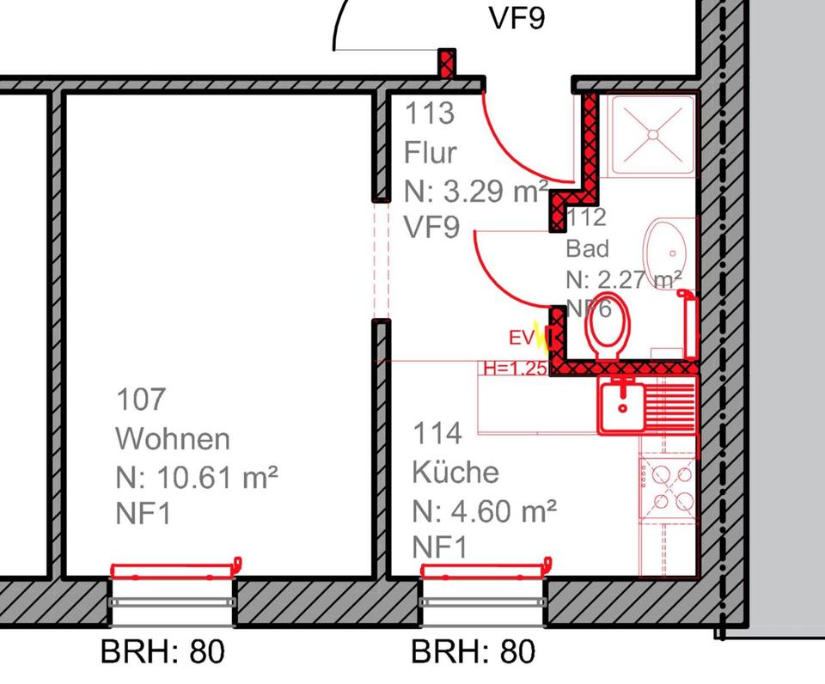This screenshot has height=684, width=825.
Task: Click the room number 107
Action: point(140,400)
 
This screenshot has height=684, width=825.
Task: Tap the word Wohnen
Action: point(173,438)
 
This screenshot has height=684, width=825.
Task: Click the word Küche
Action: point(455,472)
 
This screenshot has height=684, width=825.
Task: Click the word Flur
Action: point(431,152)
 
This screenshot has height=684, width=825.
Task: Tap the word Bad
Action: point(588,249)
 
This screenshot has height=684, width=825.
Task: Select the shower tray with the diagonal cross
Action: point(652,134)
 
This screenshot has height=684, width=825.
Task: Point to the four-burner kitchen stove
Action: point(667,486)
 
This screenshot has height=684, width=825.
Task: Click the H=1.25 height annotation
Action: point(515,369)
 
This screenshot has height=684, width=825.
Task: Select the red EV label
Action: point(521,338)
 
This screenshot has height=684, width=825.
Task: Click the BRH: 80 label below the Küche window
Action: point(474,651)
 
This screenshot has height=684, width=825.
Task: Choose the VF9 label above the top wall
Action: point(516,18)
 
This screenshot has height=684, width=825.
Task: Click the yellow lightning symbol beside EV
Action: point(541,336)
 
